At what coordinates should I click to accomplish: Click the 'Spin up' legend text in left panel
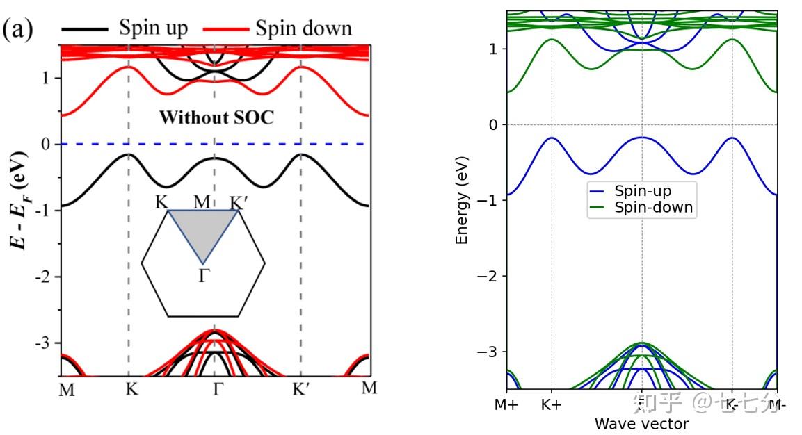click(x=153, y=28)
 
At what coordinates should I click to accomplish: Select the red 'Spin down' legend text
click(x=303, y=28)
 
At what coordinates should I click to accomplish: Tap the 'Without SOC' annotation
click(x=217, y=117)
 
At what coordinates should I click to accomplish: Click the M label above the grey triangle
click(x=202, y=202)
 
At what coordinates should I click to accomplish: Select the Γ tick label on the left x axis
click(x=217, y=389)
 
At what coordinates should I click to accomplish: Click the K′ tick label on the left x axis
click(x=300, y=389)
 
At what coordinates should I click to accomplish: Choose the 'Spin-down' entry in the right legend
click(x=652, y=207)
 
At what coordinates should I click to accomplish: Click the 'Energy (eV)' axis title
click(x=461, y=200)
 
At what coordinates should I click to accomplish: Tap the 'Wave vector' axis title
click(x=641, y=424)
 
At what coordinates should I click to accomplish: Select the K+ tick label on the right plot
click(x=551, y=404)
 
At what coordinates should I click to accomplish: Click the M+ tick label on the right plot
click(x=507, y=404)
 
